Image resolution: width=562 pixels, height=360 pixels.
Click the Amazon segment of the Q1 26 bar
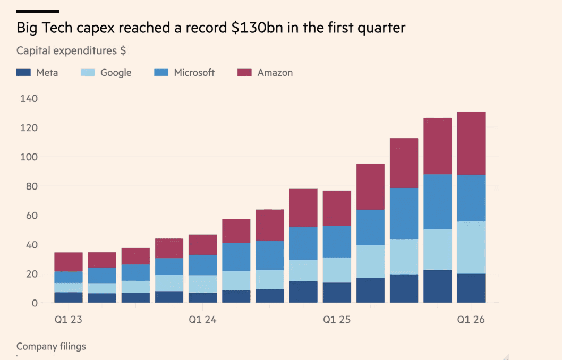pos(471,143)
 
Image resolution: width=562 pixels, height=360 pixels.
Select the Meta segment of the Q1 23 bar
pos(68,297)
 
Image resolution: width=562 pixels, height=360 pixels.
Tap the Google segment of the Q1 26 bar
pos(471,247)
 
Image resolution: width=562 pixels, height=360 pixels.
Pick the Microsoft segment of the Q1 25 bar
pos(337,242)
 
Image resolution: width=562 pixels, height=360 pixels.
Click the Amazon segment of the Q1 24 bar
pos(202,245)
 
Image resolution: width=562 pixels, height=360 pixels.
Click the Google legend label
pos(116,73)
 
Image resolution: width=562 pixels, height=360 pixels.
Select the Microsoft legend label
pos(194,73)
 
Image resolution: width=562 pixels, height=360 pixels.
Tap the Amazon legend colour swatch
pos(244,73)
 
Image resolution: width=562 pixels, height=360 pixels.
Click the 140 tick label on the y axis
pos(29,98)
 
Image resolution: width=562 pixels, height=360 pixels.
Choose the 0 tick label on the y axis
pos(35,303)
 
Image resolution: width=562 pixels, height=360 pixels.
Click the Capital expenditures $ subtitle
pos(71,51)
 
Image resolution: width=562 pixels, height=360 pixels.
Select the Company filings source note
pos(51,346)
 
